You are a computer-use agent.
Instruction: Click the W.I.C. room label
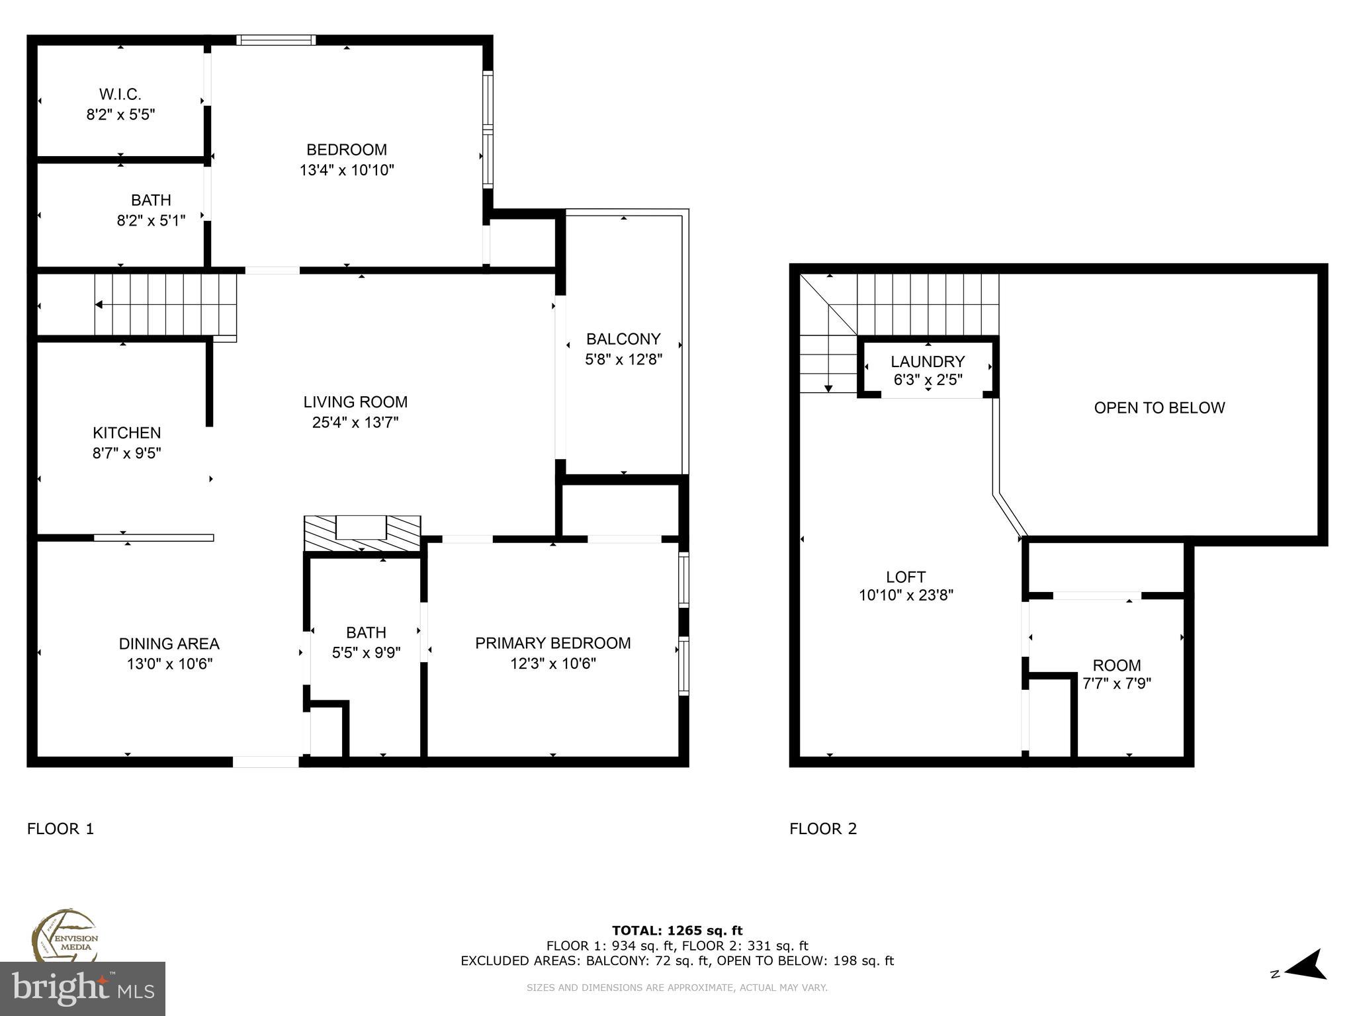coord(120,95)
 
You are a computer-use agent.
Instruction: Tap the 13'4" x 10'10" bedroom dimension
coord(347,170)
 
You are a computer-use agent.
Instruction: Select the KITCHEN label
coord(126,433)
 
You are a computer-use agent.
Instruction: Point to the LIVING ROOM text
coord(355,402)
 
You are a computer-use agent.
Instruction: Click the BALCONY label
coord(623,339)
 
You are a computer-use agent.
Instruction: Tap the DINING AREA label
coord(169,644)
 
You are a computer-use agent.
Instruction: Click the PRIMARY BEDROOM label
coord(553,643)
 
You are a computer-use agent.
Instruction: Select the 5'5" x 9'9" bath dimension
coord(366,653)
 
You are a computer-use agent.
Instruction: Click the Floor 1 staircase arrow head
coord(99,305)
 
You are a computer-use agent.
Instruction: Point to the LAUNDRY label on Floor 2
coord(928,362)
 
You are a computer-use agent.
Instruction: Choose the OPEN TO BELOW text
coord(1159,407)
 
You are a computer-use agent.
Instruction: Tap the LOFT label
coord(906,577)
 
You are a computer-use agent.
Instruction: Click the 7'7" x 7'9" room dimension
coord(1117,683)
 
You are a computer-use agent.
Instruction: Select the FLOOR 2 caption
coord(823,828)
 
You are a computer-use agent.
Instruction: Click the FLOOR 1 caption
coord(61,828)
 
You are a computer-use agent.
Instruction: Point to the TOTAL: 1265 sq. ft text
coord(677,931)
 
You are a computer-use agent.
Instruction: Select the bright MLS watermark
coord(83,988)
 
